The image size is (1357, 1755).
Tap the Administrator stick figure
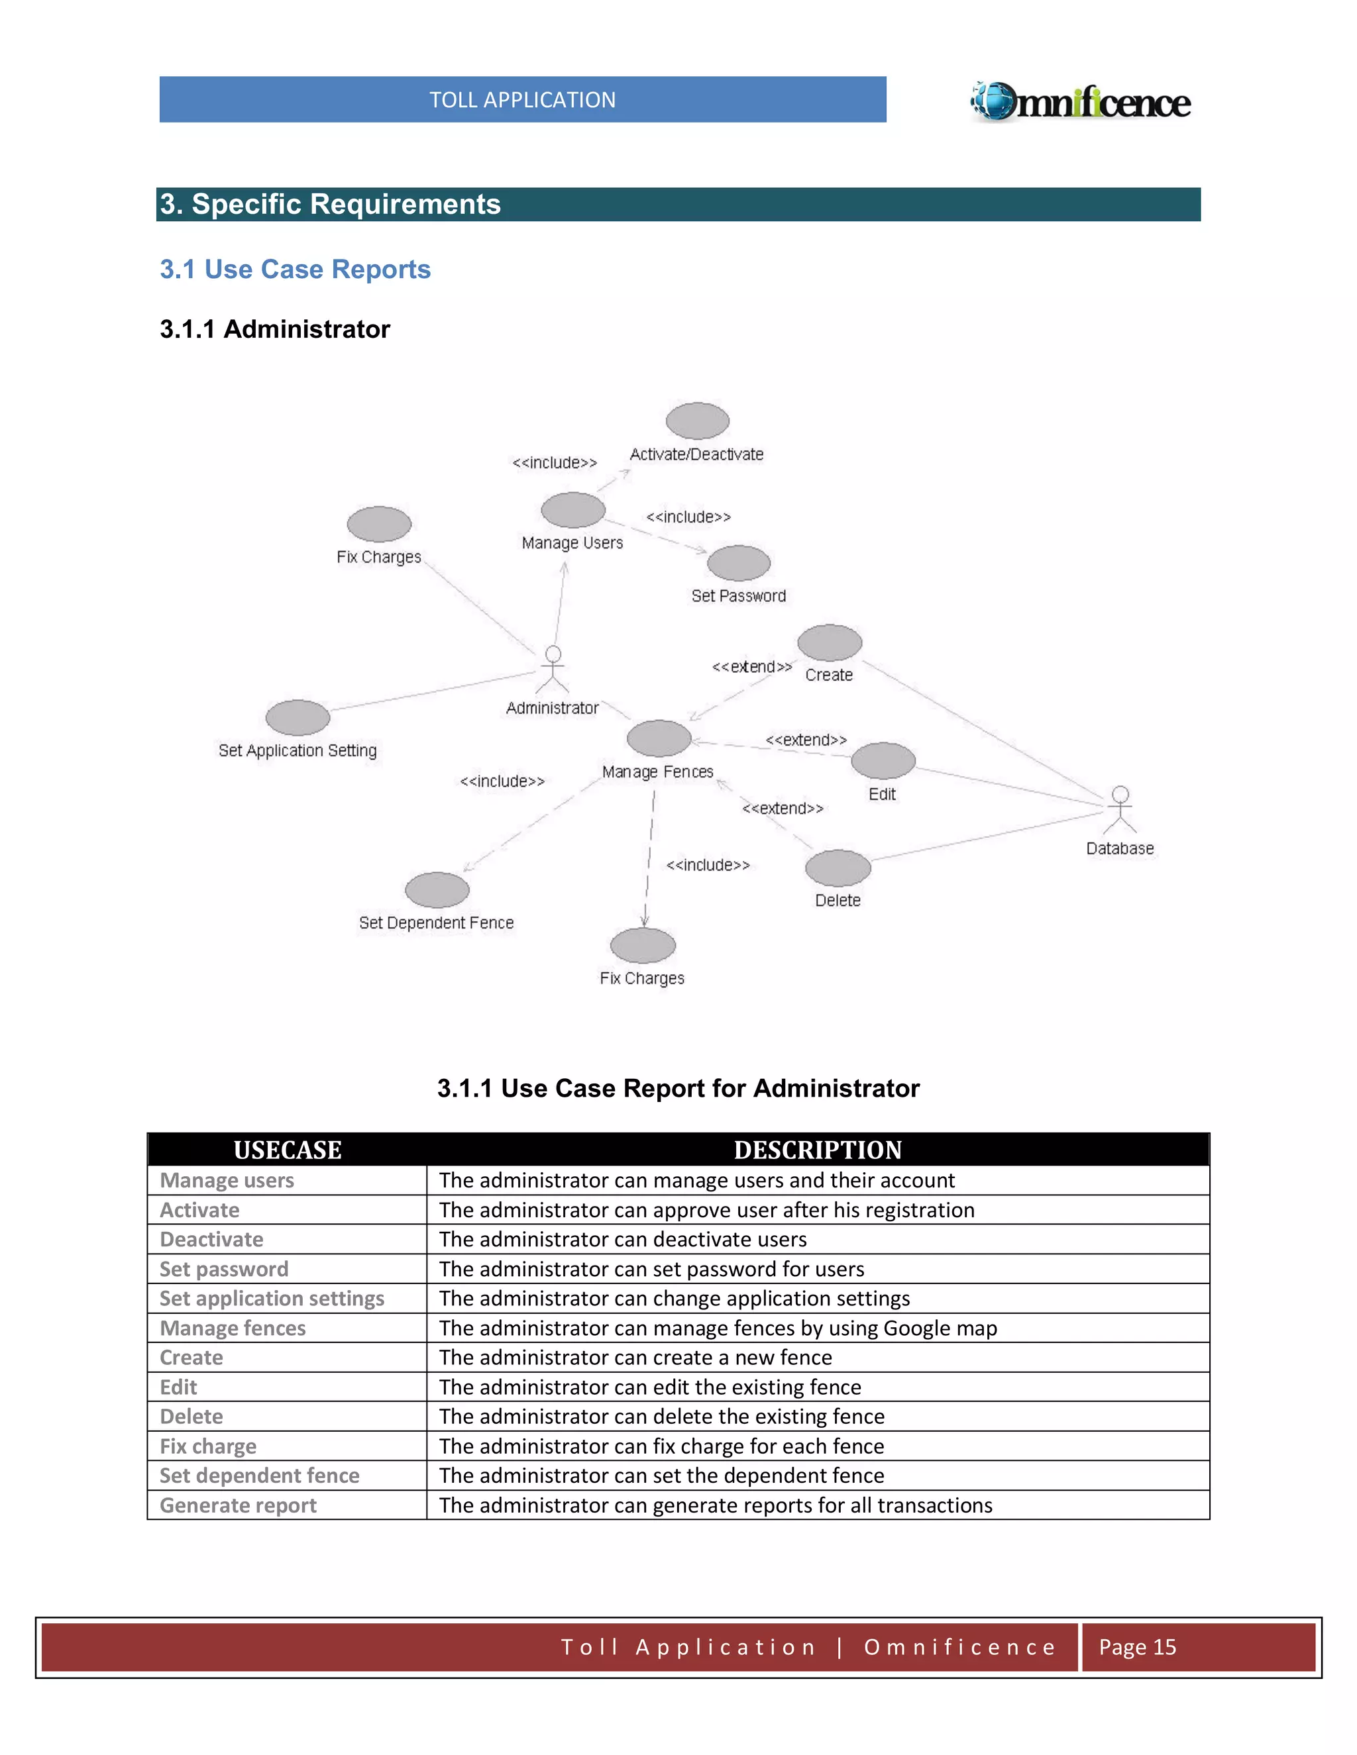click(553, 669)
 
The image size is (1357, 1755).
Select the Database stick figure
click(1120, 809)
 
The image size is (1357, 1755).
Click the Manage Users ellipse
click(572, 510)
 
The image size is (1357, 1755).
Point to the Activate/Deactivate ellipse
click(697, 421)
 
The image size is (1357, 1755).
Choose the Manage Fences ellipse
click(659, 738)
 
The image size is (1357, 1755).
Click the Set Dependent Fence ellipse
click(437, 889)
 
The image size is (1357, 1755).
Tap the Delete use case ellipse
click(838, 868)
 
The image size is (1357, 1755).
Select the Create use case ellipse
click(830, 642)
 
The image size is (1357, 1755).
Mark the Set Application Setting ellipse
click(298, 717)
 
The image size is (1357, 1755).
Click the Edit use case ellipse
click(883, 760)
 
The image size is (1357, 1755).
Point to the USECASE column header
click(287, 1150)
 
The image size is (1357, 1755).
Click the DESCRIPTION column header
click(818, 1150)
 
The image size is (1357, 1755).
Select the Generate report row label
click(238, 1505)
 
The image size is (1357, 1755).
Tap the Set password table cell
click(223, 1269)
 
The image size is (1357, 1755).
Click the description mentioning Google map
click(717, 1329)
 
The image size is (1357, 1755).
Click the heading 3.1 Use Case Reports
click(295, 269)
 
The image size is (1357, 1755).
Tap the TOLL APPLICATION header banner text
click(523, 99)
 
